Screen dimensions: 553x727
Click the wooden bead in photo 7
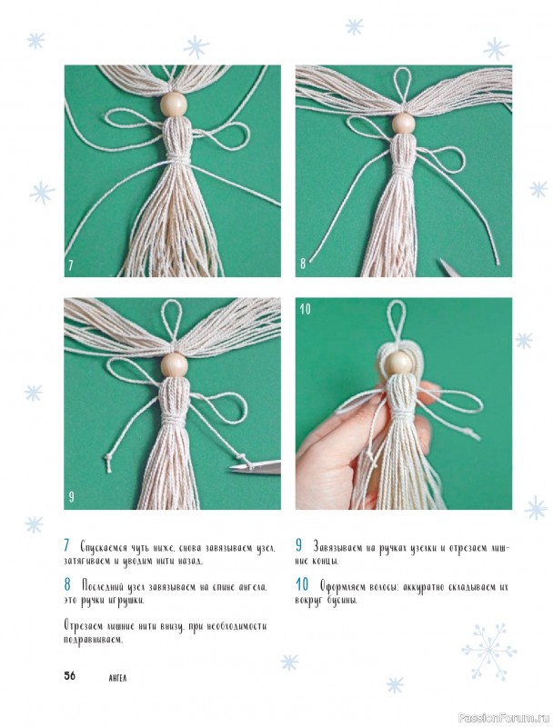click(173, 105)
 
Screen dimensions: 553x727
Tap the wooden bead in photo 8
click(404, 123)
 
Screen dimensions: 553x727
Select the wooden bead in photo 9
click(173, 365)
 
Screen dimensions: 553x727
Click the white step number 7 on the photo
click(71, 265)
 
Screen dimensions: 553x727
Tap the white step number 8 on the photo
click(303, 264)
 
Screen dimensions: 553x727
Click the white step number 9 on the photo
click(71, 496)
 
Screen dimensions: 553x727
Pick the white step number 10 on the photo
click(305, 309)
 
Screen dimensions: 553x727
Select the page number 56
click(69, 675)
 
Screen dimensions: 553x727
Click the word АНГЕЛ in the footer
click(117, 678)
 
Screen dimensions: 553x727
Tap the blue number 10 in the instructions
click(302, 585)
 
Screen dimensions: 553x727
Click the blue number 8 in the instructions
click(67, 585)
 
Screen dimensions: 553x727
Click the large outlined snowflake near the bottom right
click(489, 651)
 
